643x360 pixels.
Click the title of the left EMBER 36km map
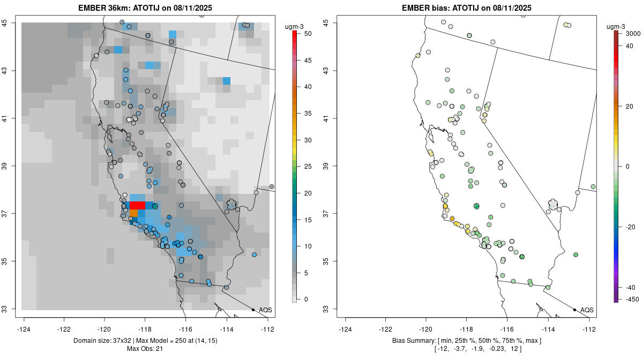tap(147, 7)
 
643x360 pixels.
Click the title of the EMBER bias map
tap(467, 7)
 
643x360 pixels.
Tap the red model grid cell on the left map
tap(137, 206)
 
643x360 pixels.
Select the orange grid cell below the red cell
tap(133, 213)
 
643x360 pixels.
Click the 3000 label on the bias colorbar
tap(626, 34)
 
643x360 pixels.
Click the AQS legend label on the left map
tap(265, 310)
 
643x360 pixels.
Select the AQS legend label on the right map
tap(587, 310)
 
